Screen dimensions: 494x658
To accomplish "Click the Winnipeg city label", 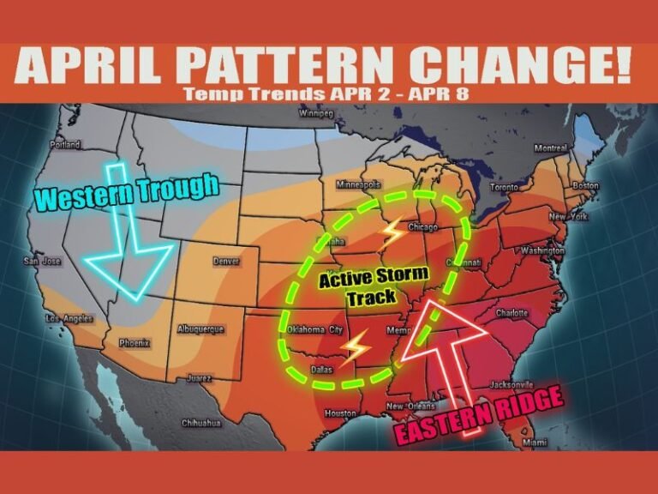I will point(315,114).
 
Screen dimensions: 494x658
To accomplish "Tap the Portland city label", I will point(64,145).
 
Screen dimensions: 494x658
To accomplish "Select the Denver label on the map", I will point(227,260).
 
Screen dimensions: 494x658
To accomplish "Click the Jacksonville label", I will point(513,385).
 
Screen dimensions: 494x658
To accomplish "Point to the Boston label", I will point(585,185).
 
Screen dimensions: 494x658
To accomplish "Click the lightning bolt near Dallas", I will point(353,347).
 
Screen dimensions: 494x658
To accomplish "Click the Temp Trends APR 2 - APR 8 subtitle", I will point(328,93).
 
